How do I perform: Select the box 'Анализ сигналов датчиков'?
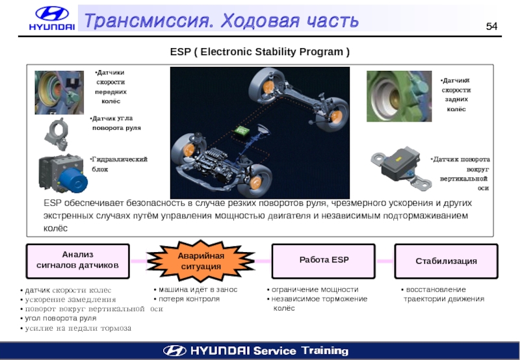[x=77, y=260]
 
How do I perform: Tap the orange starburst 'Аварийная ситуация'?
[x=201, y=261]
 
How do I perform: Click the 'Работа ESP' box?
[x=324, y=260]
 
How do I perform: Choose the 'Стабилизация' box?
[x=446, y=261]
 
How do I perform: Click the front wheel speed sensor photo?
[x=58, y=92]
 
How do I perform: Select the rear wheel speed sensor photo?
[x=398, y=96]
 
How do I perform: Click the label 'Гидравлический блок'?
[x=119, y=164]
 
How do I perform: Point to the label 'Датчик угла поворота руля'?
[x=116, y=123]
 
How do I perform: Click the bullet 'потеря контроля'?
[x=188, y=299]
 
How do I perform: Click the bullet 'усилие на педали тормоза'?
[x=77, y=328]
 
